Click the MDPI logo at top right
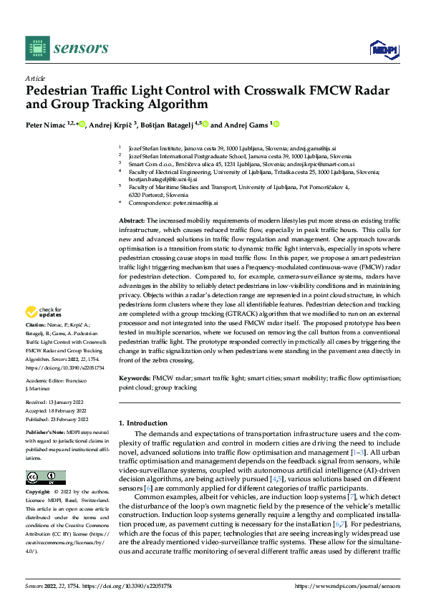[x=383, y=48]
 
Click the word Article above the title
[x=35, y=78]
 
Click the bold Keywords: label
[x=134, y=377]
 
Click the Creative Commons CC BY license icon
[x=45, y=478]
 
